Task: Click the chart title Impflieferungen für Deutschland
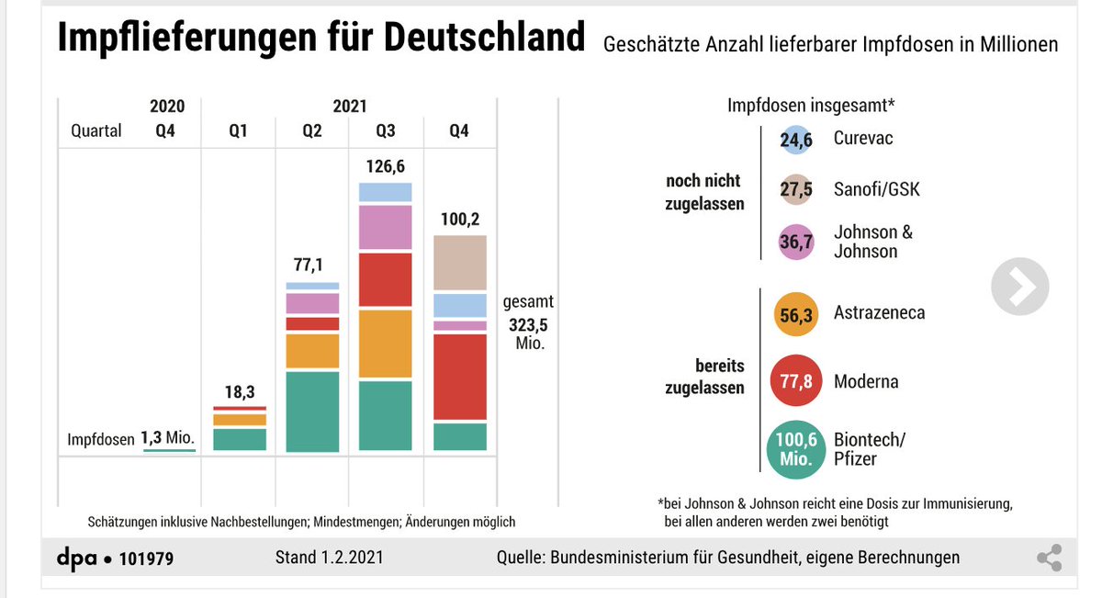320,39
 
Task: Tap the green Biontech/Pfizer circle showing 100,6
796,449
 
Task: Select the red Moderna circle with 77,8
796,381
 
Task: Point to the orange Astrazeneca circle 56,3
796,313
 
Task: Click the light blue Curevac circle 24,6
796,139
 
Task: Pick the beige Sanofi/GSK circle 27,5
796,190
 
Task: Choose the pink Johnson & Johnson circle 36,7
796,242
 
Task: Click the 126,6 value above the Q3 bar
386,167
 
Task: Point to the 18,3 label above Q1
239,392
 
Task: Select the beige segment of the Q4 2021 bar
459,265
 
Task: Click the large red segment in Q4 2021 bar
459,377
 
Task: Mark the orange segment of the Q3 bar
386,344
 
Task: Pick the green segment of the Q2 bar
312,411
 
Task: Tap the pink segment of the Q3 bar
386,227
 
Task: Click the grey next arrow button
1020,288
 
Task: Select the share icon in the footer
1049,558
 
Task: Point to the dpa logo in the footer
77,558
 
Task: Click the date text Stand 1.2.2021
330,558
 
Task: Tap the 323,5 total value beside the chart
528,323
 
